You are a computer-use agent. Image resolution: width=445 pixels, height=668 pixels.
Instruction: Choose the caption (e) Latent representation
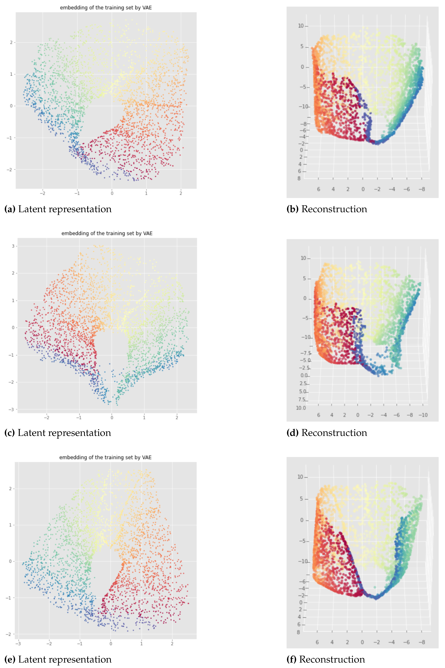[x=58, y=659]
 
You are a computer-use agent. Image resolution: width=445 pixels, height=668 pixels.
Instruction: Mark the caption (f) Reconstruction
[x=326, y=659]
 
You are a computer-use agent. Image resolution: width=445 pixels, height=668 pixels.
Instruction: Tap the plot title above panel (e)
[x=105, y=457]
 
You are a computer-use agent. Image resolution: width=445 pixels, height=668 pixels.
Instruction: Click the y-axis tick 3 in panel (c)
[x=13, y=246]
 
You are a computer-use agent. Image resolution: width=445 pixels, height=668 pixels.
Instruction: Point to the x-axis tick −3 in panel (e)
[x=18, y=644]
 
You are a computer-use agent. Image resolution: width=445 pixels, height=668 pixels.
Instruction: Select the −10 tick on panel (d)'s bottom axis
[x=423, y=415]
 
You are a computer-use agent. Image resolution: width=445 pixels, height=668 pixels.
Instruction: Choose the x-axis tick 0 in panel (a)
[x=112, y=193]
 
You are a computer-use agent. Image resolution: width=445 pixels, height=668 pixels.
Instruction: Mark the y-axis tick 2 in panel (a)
[x=11, y=42]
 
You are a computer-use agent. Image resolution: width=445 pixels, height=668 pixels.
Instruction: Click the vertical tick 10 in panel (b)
[x=301, y=26]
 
